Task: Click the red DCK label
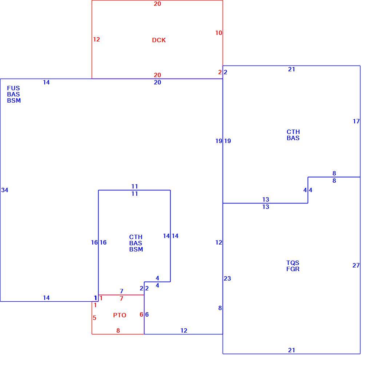coord(159,40)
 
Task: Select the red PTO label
coord(120,315)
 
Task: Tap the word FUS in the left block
coord(13,88)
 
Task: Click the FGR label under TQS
coord(293,269)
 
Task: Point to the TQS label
coord(293,263)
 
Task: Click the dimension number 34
coord(4,190)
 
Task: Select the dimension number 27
coord(356,265)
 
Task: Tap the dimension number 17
coord(356,121)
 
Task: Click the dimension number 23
coord(227,278)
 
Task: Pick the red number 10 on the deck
coord(219,33)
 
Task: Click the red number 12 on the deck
coord(96,39)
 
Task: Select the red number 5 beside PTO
coord(95,318)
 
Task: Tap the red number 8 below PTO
coord(118,330)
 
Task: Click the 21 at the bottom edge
coord(291,350)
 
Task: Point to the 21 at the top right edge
coord(291,69)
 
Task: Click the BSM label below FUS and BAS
coord(14,100)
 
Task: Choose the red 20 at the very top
coord(157,4)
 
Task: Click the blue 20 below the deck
coord(157,82)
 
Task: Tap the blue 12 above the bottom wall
coord(184,330)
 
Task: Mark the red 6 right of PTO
coord(141,314)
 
